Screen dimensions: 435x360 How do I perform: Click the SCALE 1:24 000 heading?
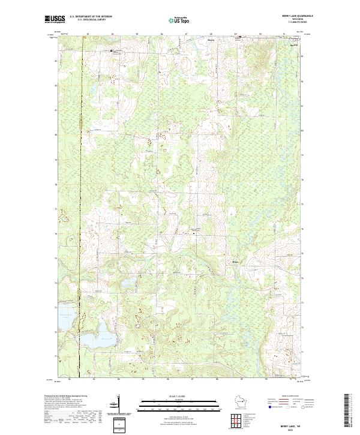coord(172,395)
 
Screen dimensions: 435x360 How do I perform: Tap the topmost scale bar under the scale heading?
coord(172,400)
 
